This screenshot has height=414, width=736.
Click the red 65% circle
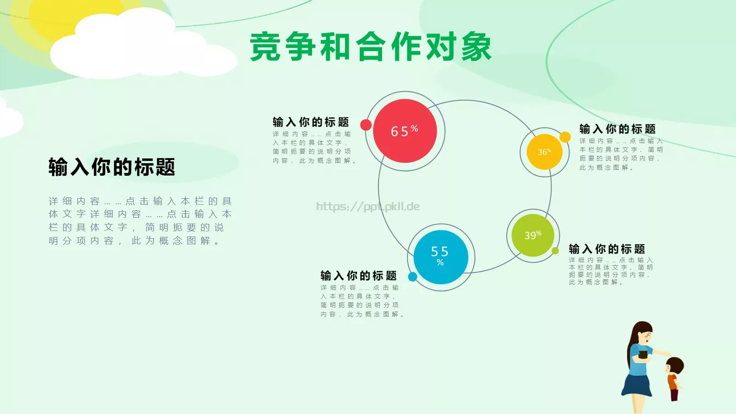coord(405,131)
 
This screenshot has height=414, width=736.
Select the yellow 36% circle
coord(544,152)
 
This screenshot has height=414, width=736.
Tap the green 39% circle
coord(533,235)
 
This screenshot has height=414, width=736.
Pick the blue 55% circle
coord(440,257)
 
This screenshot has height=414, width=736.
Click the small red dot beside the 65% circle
coord(366,125)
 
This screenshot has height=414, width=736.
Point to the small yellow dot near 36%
coord(565,137)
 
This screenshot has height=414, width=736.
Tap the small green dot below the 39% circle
coord(555,251)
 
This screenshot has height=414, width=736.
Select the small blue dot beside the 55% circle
coord(413,276)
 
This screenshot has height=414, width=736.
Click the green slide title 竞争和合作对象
coord(371,47)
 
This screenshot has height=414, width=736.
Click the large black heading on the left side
coord(112,167)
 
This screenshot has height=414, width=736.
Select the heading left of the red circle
coord(310,122)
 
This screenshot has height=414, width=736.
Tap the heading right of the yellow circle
coord(617,129)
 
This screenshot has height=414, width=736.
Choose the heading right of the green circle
coord(607,249)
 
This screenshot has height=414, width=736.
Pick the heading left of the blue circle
coord(358,276)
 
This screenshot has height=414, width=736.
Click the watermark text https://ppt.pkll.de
coord(368,207)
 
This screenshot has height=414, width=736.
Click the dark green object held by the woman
coord(643,354)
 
